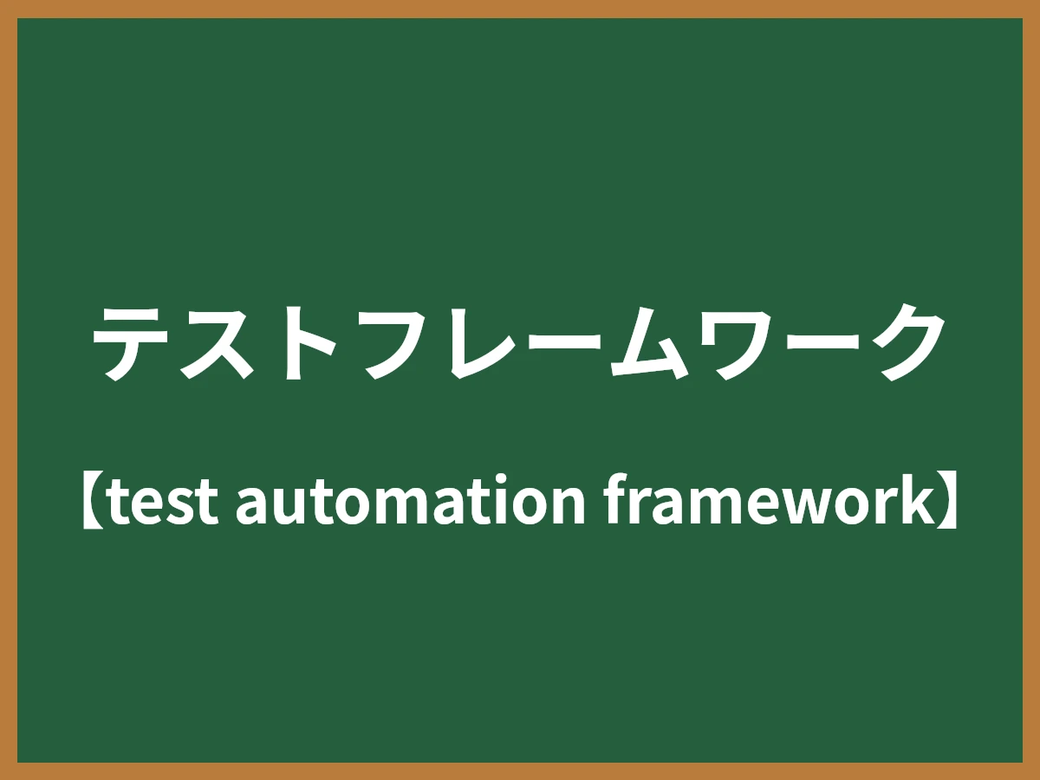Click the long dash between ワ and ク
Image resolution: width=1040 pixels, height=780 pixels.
819,341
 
